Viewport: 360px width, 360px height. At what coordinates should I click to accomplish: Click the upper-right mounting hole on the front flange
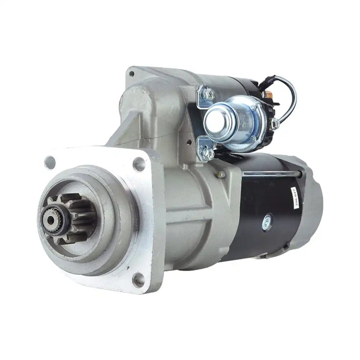click(140, 164)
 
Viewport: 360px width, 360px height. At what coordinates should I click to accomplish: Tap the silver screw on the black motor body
click(267, 220)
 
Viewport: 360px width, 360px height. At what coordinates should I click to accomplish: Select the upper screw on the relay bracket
click(208, 94)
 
